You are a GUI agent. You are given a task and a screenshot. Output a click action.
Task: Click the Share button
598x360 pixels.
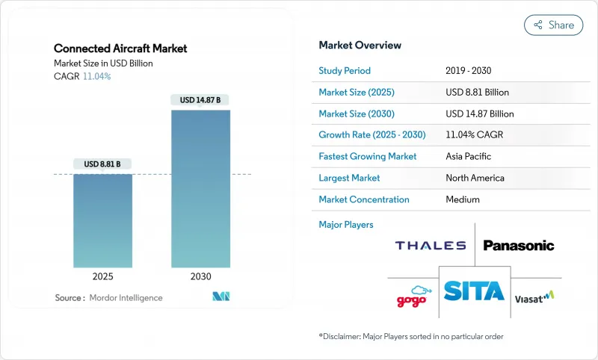(x=554, y=25)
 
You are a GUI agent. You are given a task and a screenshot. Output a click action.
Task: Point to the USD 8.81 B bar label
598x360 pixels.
(x=102, y=164)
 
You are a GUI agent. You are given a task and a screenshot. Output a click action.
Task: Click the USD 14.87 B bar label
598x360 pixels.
(x=200, y=99)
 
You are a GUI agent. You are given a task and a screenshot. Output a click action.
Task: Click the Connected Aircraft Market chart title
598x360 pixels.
(x=120, y=49)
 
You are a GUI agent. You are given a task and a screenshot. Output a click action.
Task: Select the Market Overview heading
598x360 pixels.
(x=360, y=45)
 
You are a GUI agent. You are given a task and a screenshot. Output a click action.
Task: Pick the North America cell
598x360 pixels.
(x=475, y=178)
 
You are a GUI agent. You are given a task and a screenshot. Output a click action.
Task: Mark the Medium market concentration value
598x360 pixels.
(x=463, y=199)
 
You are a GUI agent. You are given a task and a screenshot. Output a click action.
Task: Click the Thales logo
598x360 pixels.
(x=430, y=245)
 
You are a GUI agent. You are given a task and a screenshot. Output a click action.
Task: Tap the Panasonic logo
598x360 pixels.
(x=519, y=245)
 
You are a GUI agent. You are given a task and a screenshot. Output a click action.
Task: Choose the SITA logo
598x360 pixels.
(x=475, y=291)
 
